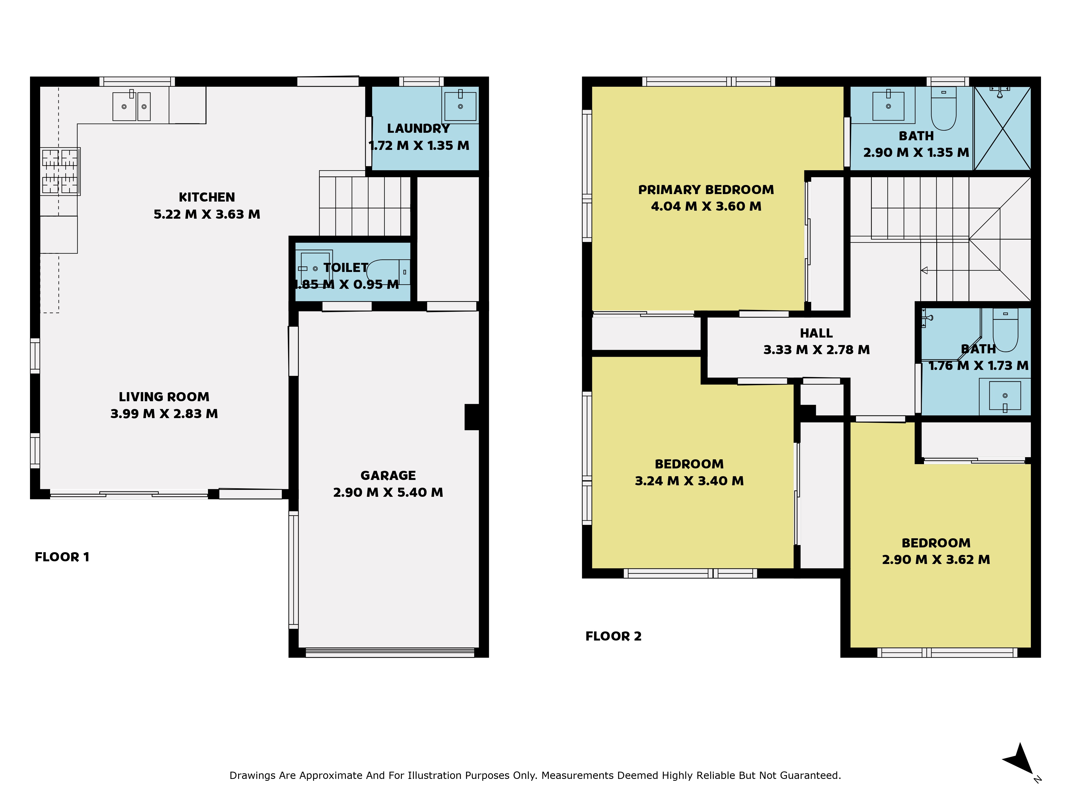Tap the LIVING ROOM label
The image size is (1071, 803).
tap(164, 397)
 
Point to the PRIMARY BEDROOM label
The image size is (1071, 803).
tap(706, 190)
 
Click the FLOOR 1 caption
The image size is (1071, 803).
tap(62, 557)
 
